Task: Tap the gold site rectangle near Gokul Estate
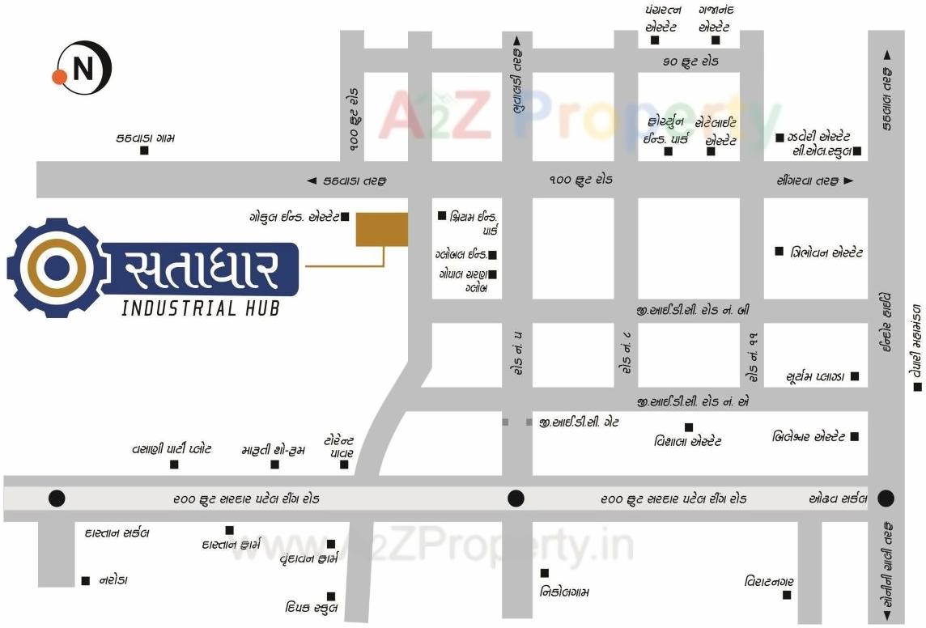382,229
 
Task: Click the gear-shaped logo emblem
57,266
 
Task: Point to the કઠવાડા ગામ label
146,138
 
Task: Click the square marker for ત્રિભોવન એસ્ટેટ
779,251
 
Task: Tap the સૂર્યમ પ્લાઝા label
815,377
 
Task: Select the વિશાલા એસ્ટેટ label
688,442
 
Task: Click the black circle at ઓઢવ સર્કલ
886,498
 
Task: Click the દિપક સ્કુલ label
312,608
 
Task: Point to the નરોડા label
113,580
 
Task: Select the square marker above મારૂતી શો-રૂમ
275,465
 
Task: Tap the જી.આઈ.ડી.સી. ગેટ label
579,422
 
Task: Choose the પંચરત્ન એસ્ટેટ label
663,18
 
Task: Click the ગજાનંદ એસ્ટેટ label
716,18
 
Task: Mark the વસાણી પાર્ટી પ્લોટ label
172,448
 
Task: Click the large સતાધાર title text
202,269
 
